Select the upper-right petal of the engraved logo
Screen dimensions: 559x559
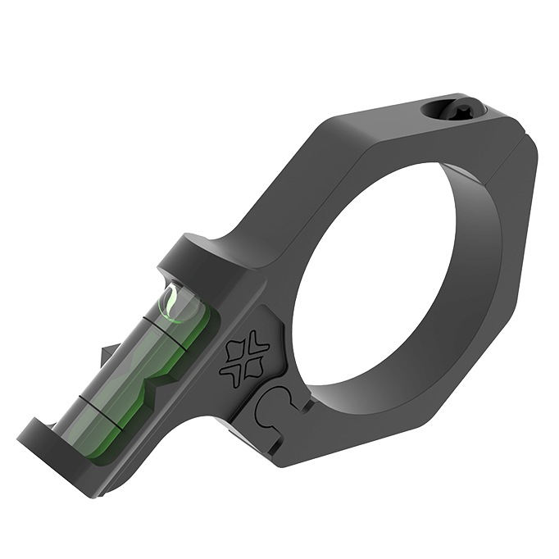pos(257,343)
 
